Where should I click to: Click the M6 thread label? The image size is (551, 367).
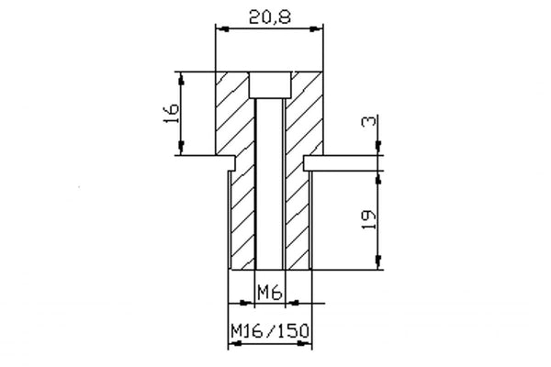(x=268, y=293)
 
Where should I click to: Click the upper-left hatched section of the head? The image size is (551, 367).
(x=232, y=115)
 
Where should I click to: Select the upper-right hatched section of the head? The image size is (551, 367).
(x=306, y=115)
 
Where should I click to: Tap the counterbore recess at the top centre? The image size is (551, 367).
(x=269, y=84)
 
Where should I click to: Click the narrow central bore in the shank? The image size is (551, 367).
(x=269, y=183)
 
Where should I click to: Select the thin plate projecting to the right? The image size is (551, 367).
(x=340, y=162)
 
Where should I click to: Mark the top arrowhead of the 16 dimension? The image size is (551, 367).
(x=185, y=77)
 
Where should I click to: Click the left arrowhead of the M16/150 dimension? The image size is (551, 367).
(x=231, y=345)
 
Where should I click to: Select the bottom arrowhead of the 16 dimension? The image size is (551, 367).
(x=185, y=151)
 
